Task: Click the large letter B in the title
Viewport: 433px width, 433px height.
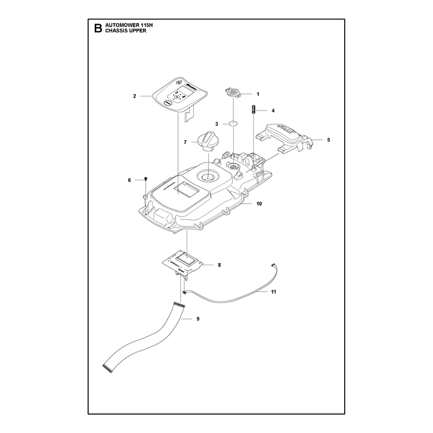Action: pos(98,28)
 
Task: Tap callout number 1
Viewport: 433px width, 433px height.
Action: pos(258,94)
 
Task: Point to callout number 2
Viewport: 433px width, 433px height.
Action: pos(134,96)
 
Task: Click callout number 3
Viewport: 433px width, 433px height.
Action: pos(216,124)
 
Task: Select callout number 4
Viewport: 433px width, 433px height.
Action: pos(273,111)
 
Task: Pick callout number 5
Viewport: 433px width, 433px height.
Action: pos(329,140)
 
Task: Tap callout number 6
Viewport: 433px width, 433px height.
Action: pos(129,180)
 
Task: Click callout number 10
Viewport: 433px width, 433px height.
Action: pos(259,204)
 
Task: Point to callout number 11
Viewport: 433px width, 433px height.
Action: pos(273,292)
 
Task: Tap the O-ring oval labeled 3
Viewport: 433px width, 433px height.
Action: pos(233,123)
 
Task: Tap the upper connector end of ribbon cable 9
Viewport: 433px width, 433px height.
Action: pos(179,305)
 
